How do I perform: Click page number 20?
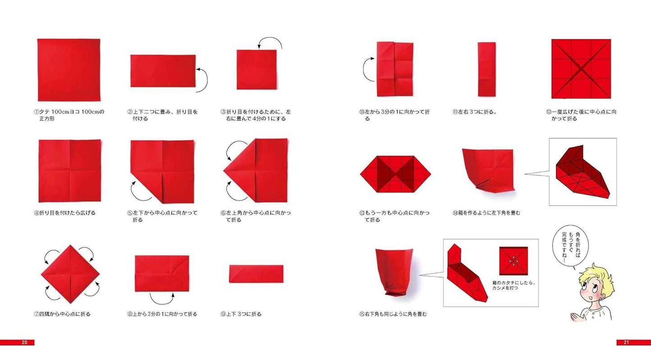tap(24, 342)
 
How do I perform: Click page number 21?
tap(626, 342)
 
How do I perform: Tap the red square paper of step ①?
tap(69, 70)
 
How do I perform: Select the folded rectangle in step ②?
tap(163, 71)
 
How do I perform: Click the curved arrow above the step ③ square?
tap(270, 39)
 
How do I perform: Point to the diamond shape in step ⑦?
tap(70, 274)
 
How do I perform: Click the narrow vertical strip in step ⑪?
tap(487, 69)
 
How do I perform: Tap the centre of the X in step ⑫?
tap(581, 69)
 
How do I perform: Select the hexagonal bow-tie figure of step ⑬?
tap(396, 174)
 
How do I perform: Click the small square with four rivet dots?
tap(514, 261)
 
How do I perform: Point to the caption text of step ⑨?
tap(241, 314)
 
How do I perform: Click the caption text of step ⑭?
tap(486, 213)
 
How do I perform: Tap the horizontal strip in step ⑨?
tap(256, 273)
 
